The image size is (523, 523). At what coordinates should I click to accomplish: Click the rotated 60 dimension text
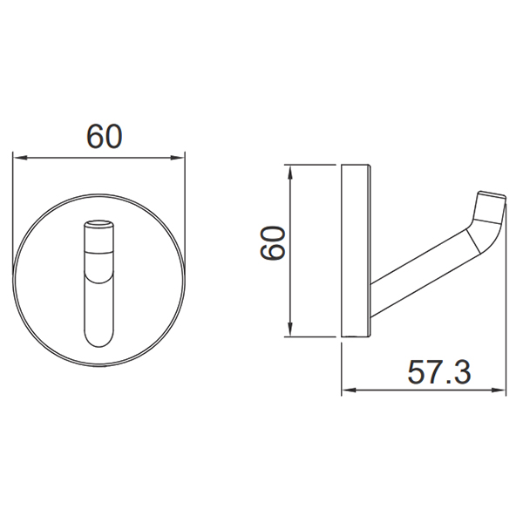pos(273,243)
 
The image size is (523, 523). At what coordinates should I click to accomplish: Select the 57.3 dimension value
pos(439,372)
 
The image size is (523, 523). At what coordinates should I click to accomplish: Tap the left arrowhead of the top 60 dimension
pos(20,157)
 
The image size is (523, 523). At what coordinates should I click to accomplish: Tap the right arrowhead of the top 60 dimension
pos(178,157)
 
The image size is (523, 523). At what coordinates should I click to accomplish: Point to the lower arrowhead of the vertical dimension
pos(290,329)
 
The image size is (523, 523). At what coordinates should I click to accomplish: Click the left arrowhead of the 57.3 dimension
pos(349,390)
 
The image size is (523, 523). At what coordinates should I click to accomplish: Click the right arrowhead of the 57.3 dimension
pos(499,390)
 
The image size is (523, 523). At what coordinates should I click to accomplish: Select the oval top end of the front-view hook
pos(99,223)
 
